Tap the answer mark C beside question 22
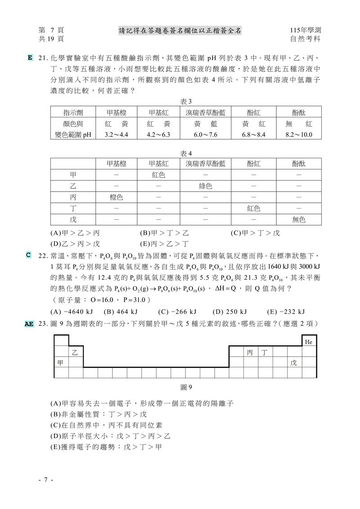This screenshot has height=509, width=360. [28, 255]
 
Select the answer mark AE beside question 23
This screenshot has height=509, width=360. [29, 323]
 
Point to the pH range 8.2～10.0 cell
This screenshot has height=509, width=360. [299, 134]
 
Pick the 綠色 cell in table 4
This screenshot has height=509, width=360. [205, 186]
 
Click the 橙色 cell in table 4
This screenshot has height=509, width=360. [116, 197]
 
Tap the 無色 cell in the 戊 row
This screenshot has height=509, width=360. [299, 219]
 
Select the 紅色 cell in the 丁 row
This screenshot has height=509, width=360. [253, 208]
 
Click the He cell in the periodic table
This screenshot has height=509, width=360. [309, 342]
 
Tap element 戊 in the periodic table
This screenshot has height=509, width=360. [293, 362]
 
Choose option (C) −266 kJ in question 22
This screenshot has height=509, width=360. [177, 312]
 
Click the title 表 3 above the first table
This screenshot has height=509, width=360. [186, 101]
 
